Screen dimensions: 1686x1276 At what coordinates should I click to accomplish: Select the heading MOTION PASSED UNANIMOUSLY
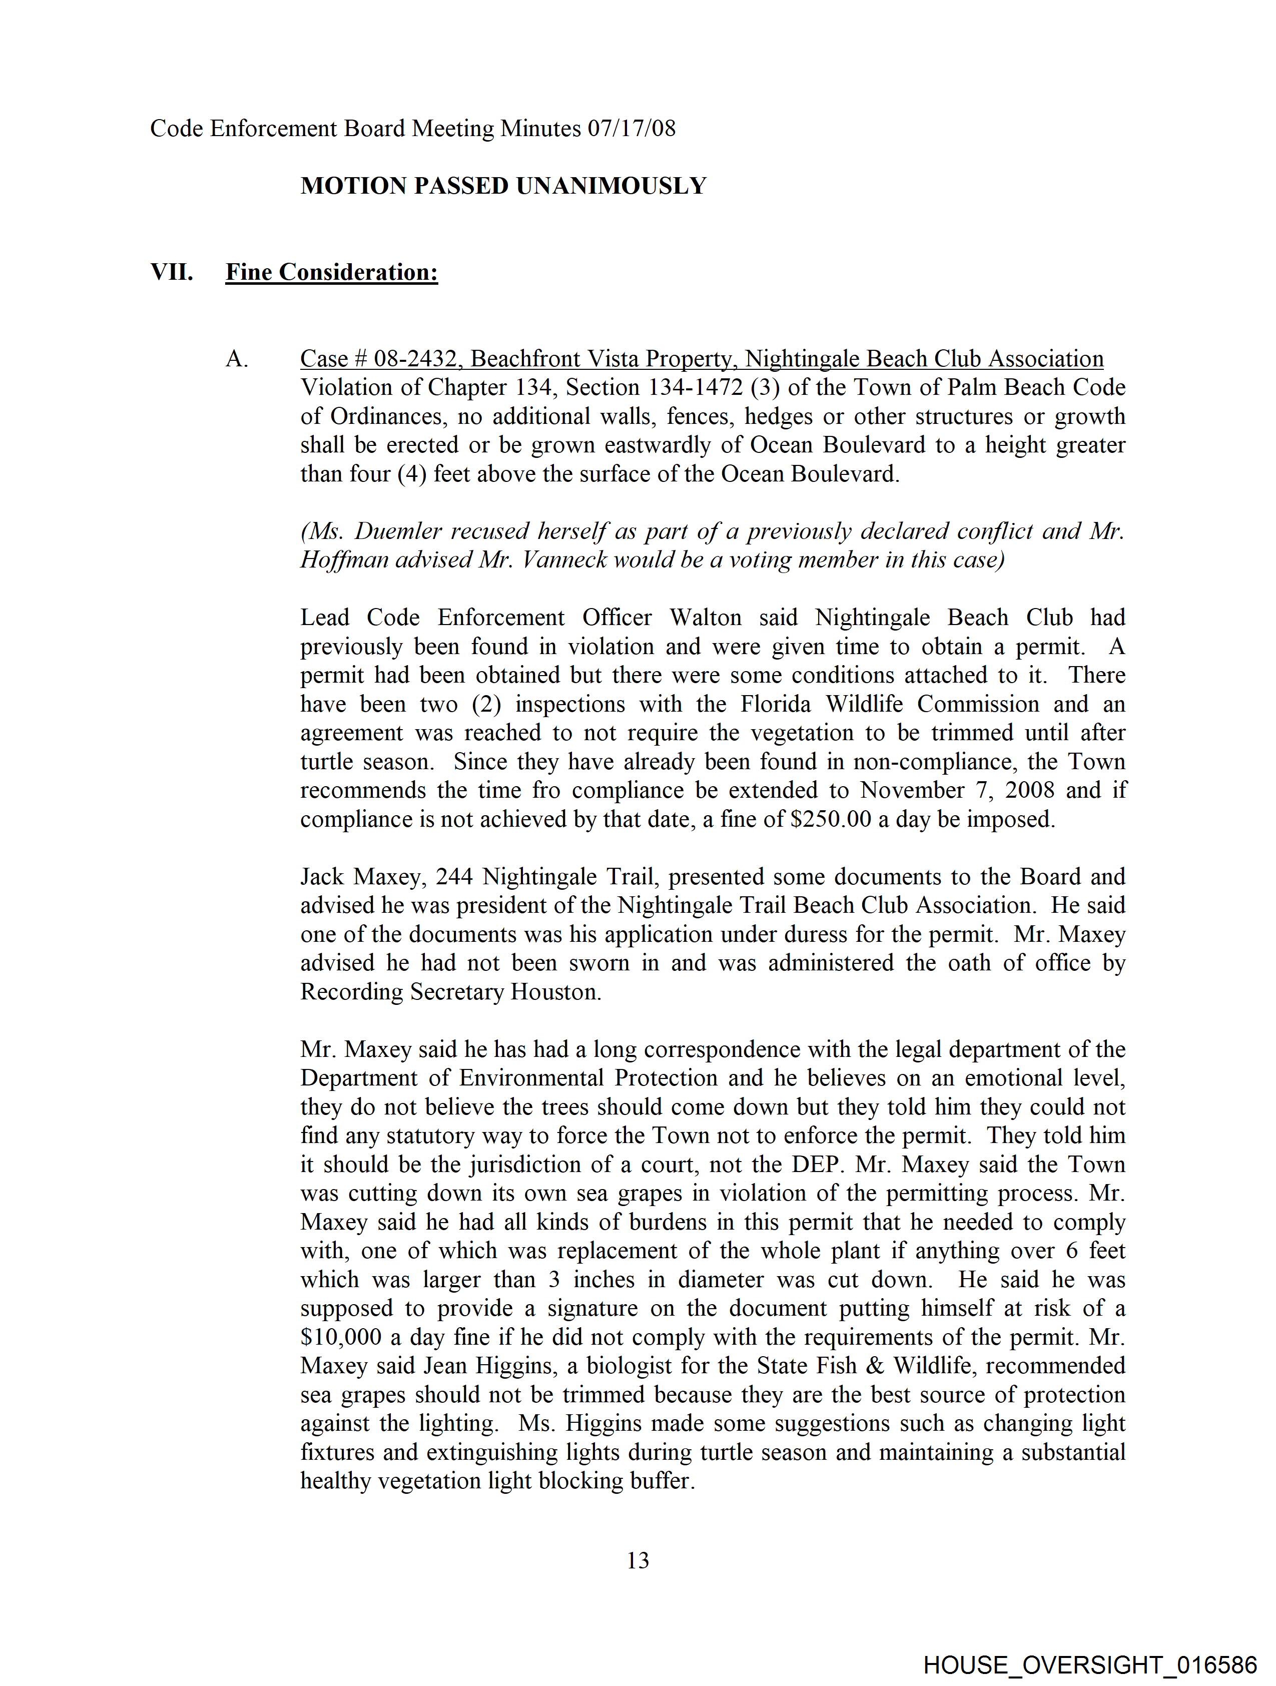(x=503, y=186)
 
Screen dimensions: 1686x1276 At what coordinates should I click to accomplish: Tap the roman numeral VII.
(x=172, y=272)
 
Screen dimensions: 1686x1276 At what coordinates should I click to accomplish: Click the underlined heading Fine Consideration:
(x=332, y=272)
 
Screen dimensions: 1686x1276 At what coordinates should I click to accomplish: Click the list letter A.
(x=237, y=359)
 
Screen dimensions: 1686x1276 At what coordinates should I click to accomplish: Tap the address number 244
(x=454, y=877)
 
